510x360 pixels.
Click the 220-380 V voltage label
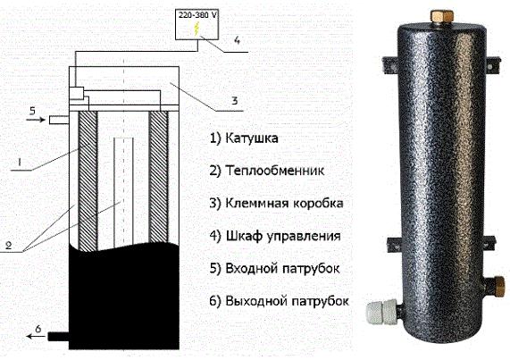point(197,15)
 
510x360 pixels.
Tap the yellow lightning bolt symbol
point(196,29)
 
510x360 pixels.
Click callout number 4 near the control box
point(237,40)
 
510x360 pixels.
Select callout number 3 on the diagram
point(235,100)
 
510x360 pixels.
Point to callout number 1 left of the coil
point(19,162)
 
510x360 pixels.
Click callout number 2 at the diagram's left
point(8,245)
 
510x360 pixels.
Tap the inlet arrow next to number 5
point(36,120)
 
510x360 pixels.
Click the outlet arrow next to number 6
point(36,336)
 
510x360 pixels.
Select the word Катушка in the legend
point(252,138)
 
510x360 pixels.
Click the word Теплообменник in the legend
point(275,171)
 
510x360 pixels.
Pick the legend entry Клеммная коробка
point(284,204)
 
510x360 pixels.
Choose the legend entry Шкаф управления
point(283,236)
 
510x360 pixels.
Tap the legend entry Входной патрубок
point(282,269)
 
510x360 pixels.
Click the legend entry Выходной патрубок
point(287,301)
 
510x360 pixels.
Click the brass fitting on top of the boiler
point(441,17)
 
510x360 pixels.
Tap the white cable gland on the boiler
point(382,312)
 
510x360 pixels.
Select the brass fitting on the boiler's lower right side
point(497,286)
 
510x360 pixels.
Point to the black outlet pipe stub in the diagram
point(58,336)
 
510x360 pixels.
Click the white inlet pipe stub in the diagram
point(59,120)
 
